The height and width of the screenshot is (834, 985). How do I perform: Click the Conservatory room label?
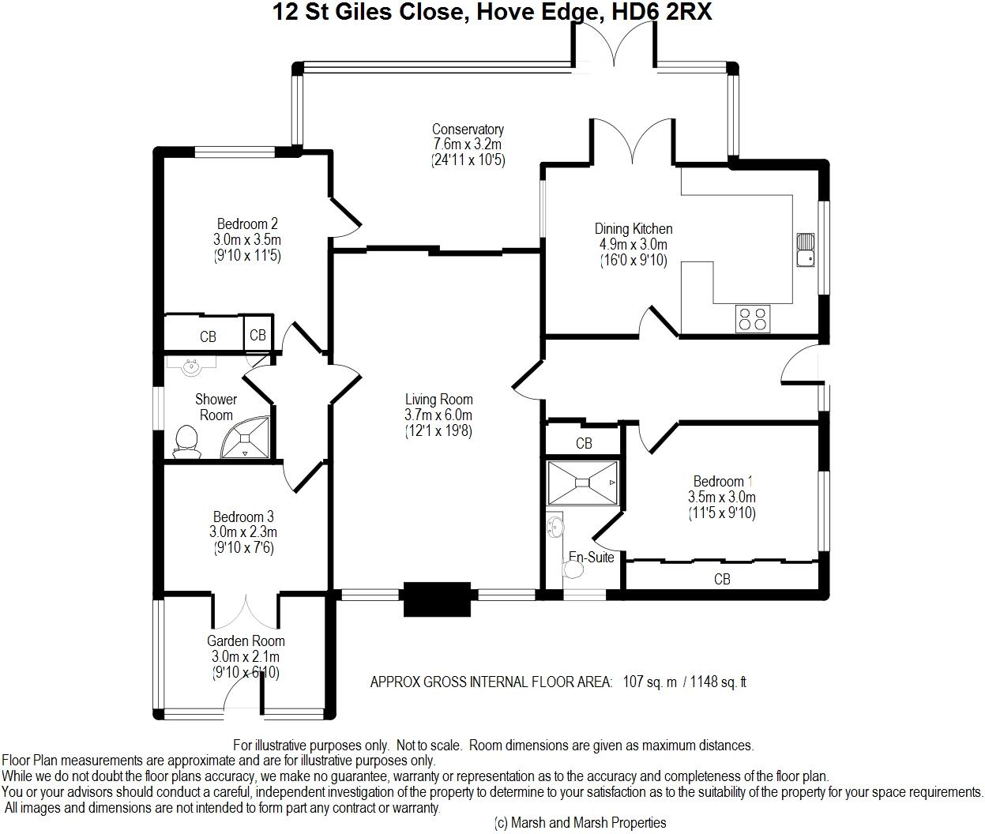(x=468, y=130)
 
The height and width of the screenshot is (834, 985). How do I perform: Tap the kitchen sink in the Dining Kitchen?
(x=806, y=250)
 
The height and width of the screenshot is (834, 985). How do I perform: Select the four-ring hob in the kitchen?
(x=753, y=319)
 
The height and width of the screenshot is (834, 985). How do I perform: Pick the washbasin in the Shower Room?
(x=192, y=366)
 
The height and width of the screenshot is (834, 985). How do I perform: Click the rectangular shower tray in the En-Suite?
(x=583, y=483)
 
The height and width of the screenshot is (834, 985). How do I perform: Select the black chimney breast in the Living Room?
(x=437, y=599)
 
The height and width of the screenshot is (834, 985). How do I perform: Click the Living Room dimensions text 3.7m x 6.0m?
(x=438, y=415)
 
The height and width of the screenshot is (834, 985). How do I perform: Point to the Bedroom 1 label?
(x=721, y=481)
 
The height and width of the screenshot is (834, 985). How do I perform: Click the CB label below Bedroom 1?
(x=722, y=579)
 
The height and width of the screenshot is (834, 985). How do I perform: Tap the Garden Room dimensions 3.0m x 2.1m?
(x=246, y=657)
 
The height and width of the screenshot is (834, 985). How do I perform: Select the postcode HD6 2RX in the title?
(x=661, y=12)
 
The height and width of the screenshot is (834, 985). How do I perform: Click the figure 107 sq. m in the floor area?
(x=649, y=682)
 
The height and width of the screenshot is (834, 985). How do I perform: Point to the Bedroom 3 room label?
(x=243, y=517)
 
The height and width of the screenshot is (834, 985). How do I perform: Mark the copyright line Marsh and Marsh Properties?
(x=581, y=823)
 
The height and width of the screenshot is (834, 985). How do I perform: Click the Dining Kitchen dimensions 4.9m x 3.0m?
(x=633, y=245)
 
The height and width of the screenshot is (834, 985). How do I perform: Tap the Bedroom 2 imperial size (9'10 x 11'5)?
(x=247, y=256)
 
